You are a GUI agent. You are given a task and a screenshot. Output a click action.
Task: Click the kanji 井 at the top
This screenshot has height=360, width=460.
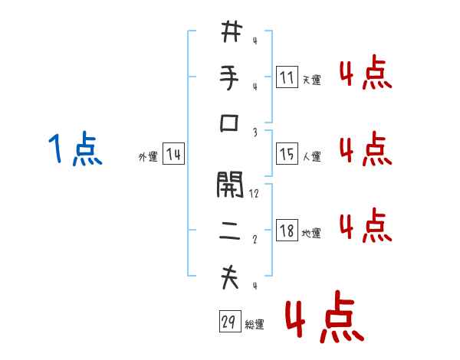230,33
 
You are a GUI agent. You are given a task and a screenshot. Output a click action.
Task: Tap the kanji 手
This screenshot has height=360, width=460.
230,78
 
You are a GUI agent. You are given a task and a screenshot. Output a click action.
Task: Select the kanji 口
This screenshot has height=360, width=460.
230,123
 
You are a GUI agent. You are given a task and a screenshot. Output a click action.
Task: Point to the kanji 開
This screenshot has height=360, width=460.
230,185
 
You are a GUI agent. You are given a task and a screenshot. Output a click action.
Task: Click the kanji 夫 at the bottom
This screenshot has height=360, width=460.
230,277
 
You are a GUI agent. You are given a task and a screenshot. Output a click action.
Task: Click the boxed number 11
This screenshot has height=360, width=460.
287,77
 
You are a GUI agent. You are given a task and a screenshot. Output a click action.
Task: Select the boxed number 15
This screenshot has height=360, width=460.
287,154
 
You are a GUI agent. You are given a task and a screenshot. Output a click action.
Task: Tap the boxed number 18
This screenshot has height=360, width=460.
287,231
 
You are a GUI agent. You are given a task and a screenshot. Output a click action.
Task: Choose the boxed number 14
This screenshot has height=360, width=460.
173,155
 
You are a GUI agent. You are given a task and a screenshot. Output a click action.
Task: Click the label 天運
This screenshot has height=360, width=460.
311,80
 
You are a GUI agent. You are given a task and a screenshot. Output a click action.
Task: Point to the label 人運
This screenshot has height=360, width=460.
311,157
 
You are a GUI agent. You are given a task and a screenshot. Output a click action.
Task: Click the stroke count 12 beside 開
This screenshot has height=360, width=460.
254,194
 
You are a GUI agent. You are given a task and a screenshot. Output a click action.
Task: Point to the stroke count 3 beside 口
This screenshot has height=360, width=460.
255,132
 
